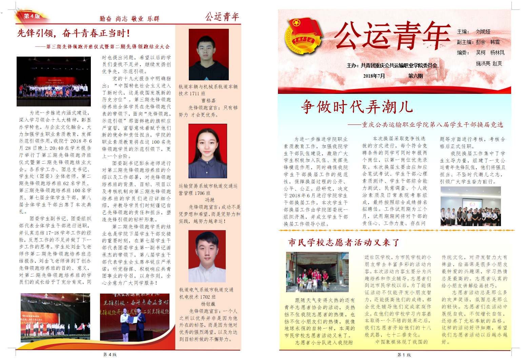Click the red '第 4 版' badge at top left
(32, 16)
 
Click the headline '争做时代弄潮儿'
(357, 107)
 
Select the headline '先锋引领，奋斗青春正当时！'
(74, 33)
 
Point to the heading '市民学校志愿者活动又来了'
(344, 242)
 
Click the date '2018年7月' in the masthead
(374, 76)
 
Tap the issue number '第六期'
(415, 76)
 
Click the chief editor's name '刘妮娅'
(483, 32)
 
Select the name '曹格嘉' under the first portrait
(208, 101)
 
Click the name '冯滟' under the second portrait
(209, 200)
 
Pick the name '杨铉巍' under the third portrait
(208, 304)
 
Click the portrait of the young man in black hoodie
(208, 55)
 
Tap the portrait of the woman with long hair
(207, 151)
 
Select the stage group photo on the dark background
(54, 81)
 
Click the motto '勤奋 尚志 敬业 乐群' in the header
(129, 19)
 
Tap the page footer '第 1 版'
(404, 355)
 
